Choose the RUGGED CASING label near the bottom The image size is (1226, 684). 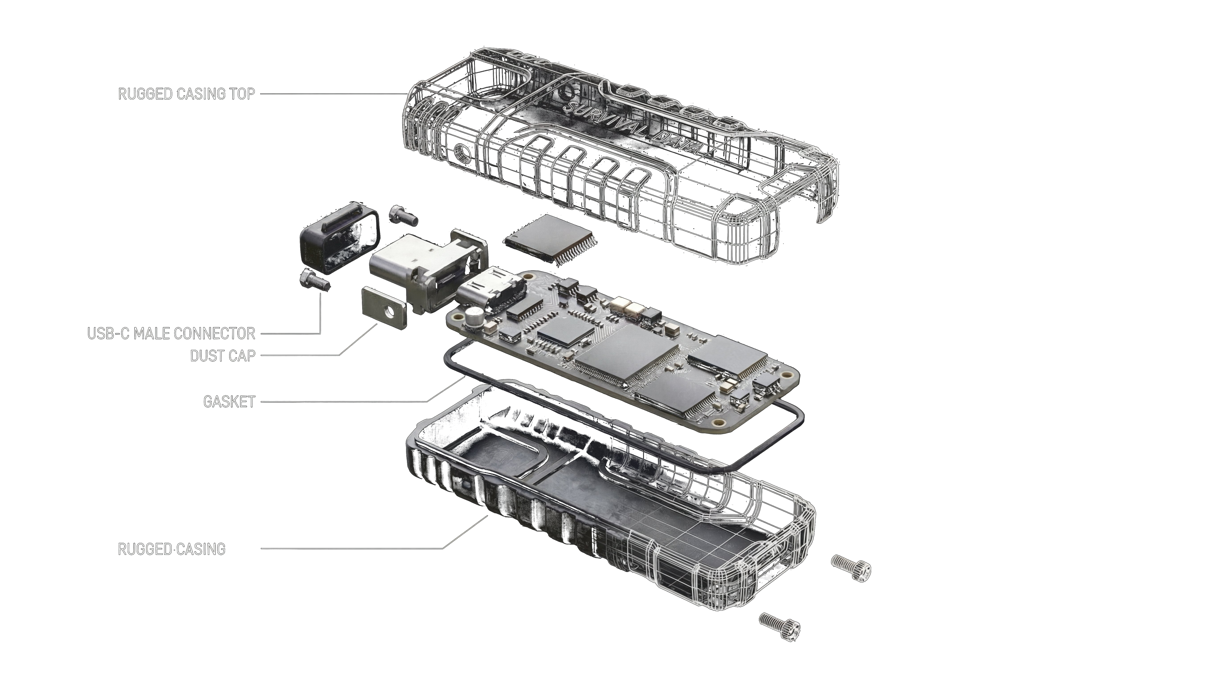171,549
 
